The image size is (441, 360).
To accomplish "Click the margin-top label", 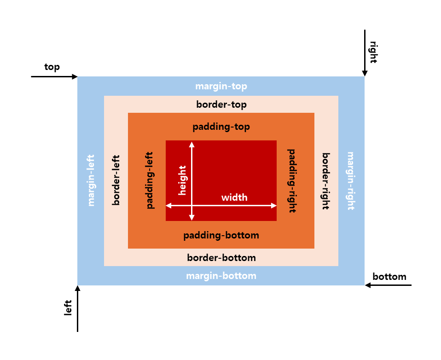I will tap(221, 87).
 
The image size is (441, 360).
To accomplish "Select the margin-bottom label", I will tap(221, 276).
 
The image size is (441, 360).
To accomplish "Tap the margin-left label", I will tap(91, 180).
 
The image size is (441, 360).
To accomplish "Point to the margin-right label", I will tap(351, 180).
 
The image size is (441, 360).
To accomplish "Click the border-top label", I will tap(221, 105).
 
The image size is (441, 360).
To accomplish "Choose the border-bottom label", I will tap(221, 258).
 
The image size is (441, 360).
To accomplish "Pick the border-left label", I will tap(116, 180).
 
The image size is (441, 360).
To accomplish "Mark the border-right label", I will tap(326, 181).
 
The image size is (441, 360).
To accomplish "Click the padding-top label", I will tap(221, 127).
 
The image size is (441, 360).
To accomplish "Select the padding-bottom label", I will tap(221, 236).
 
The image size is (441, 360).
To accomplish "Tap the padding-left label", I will tap(150, 180).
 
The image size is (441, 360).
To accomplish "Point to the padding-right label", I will tap(292, 180).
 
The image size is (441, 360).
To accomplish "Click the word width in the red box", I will tap(234, 197).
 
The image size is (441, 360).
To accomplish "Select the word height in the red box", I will tap(182, 180).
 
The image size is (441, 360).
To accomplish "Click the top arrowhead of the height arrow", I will tap(192, 145).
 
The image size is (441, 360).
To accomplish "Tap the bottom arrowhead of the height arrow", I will tap(192, 217).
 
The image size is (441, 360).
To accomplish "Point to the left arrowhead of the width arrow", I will tap(169, 205).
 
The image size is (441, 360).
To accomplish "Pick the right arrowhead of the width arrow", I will tap(273, 205).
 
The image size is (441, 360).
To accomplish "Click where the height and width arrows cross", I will tap(192, 205).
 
